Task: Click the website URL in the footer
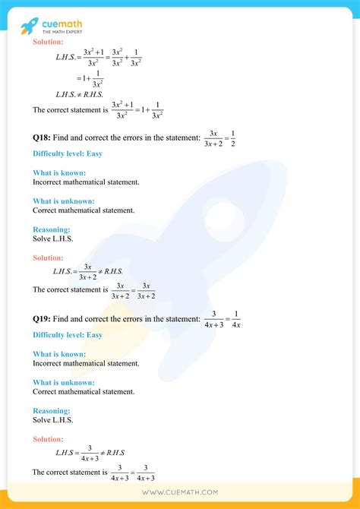180,492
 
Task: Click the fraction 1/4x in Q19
235,315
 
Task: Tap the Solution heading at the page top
48,42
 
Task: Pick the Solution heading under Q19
48,439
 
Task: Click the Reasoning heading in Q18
51,229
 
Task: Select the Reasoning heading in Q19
51,410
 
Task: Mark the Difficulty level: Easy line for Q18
67,153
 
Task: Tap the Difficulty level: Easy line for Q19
67,334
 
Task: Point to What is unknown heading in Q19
64,382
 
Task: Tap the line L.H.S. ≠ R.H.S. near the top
74,94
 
